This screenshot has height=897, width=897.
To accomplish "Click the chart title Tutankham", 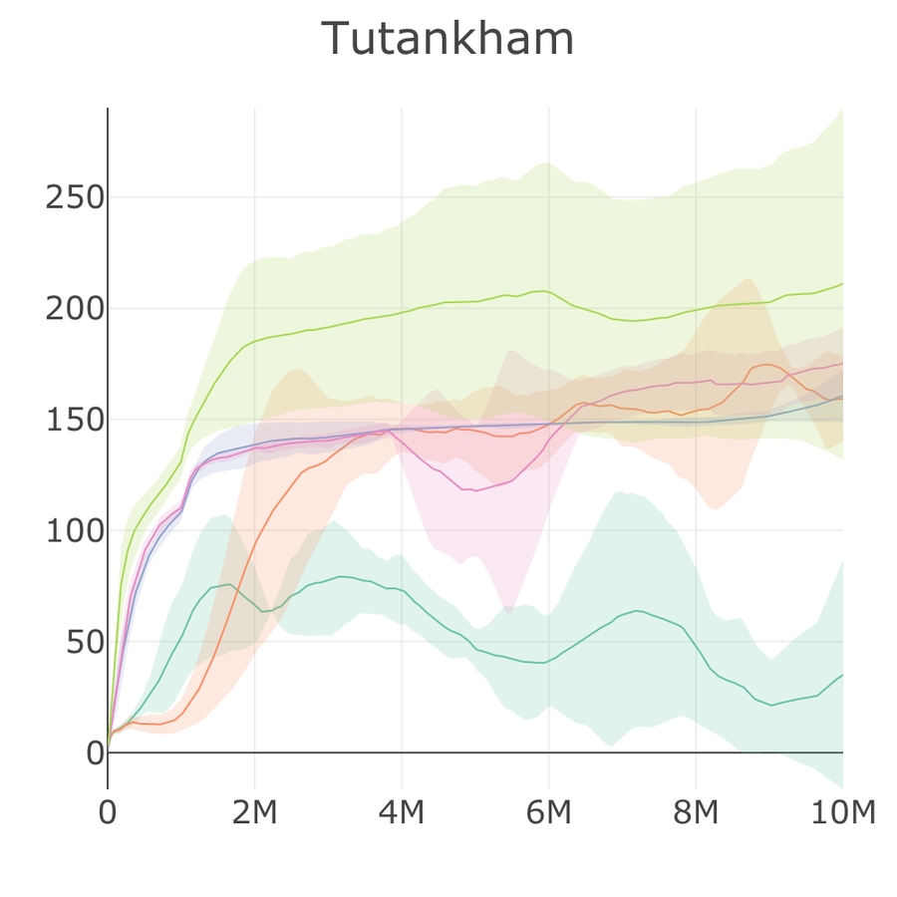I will coord(448,40).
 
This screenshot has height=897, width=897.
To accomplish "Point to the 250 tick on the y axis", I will coord(76,197).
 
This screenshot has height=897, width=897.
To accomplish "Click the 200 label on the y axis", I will coord(76,309).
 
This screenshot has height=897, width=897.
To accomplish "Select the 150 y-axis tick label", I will coord(76,420).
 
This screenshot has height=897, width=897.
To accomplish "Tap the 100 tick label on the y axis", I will coord(76,531).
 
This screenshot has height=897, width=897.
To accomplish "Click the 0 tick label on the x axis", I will coord(108,813).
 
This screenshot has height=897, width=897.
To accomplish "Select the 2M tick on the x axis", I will coord(254,813).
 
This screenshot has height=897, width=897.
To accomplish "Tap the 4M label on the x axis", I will coord(402,813).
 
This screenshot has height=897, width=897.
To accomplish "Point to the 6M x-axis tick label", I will coord(548,813).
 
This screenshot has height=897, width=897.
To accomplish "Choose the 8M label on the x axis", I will coord(696,813).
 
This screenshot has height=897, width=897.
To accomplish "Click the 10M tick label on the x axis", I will coord(842,813).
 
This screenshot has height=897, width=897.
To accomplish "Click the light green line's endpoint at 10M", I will coord(842,284).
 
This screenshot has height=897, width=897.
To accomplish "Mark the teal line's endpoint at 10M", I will coord(842,676).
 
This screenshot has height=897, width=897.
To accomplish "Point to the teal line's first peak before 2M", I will coord(230,584).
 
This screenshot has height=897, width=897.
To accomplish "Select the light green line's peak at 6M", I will coord(544,290).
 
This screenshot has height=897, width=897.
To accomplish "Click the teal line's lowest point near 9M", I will coord(770,706).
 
